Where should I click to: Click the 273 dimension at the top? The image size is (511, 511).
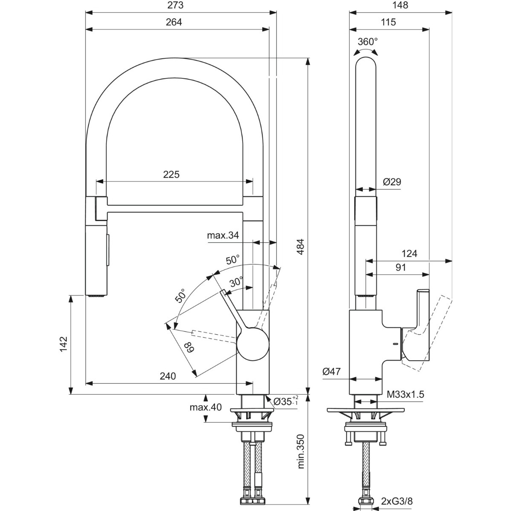coord(175,5)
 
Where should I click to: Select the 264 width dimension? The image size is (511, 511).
coord(174,22)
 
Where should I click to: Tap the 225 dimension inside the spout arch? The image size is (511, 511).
coord(171,175)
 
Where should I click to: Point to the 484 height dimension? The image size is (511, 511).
coord(300,247)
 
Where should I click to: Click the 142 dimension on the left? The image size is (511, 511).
coord(63,344)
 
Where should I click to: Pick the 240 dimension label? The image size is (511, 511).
coord(168,376)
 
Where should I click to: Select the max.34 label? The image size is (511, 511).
coord(223,235)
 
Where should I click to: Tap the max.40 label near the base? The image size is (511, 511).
coord(206,407)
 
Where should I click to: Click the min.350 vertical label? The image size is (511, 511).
coord(301,452)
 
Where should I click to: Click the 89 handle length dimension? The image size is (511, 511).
coord(189,347)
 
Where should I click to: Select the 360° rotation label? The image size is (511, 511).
coord(368,42)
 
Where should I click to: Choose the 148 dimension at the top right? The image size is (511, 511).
coord(400,5)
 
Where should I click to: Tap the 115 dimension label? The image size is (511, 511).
coord(388,22)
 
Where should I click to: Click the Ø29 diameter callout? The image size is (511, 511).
coord(392,182)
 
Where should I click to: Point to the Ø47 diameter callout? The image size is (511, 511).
coord(331,371)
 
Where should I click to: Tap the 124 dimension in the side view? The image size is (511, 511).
coord(409,254)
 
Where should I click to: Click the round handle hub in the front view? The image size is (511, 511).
coord(253,344)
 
